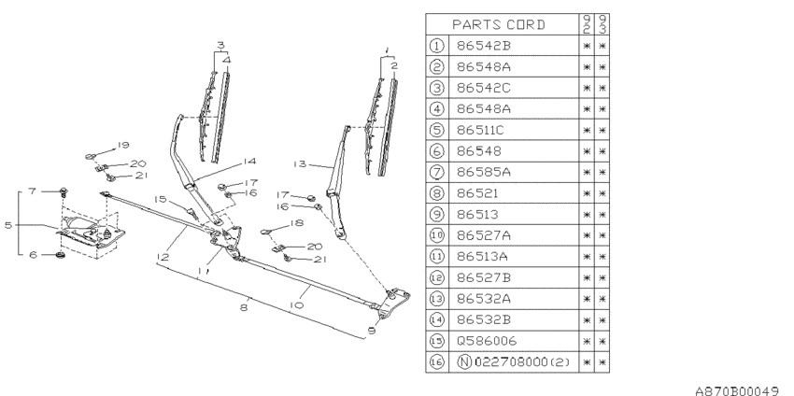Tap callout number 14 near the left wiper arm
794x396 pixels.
(x=222, y=160)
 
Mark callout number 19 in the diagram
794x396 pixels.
(x=122, y=145)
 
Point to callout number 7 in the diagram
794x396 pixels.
(x=32, y=191)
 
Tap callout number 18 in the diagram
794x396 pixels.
(x=298, y=224)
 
